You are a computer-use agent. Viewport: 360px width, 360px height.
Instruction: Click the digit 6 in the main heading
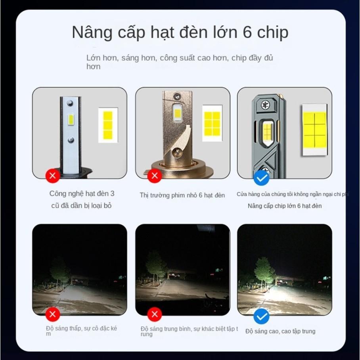(x=247, y=33)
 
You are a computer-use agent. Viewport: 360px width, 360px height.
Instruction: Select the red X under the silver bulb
(x=52, y=175)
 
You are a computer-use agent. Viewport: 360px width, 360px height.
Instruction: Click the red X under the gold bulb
(x=155, y=176)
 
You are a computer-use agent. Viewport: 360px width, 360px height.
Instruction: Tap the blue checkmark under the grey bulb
(x=261, y=178)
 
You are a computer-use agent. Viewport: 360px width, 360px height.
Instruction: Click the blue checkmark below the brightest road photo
(x=261, y=316)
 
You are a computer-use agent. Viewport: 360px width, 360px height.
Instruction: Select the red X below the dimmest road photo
(x=52, y=315)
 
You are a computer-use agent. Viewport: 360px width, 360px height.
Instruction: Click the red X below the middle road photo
(x=155, y=315)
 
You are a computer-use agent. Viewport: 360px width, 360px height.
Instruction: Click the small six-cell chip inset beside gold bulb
(x=212, y=123)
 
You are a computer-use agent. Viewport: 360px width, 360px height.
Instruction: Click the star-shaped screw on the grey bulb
(x=264, y=105)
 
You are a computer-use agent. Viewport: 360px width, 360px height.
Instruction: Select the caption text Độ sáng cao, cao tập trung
(x=280, y=331)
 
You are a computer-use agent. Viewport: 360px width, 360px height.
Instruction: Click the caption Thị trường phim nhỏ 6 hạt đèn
(x=182, y=195)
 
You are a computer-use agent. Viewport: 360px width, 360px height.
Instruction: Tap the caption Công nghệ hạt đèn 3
(x=82, y=193)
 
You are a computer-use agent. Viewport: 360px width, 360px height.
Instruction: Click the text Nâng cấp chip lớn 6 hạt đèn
(x=284, y=206)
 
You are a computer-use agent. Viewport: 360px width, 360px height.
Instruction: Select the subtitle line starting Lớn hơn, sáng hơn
(x=180, y=58)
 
